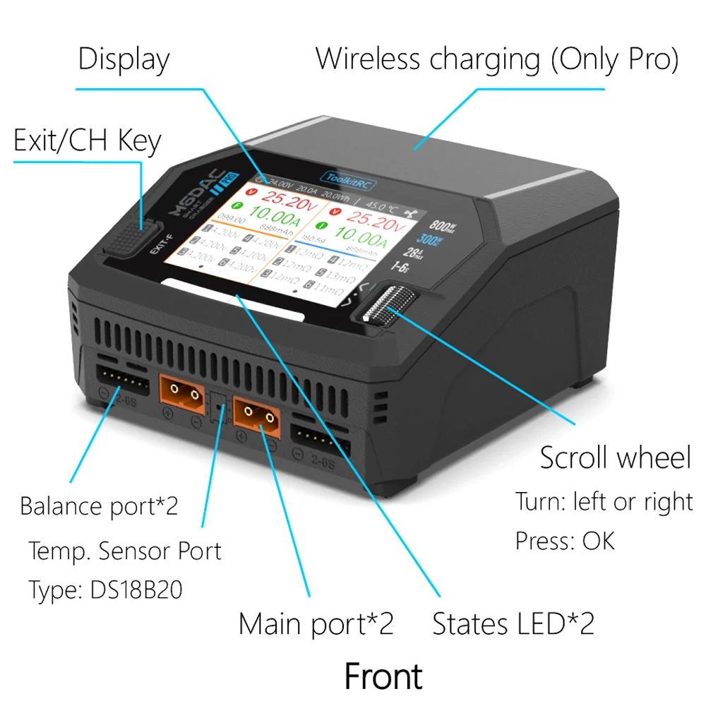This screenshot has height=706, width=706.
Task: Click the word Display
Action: tap(124, 59)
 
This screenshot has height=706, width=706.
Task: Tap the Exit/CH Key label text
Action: tap(87, 141)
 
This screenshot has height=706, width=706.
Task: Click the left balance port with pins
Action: tap(121, 382)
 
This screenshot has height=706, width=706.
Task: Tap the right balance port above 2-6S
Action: tap(320, 442)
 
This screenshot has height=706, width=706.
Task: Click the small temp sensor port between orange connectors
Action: tap(219, 408)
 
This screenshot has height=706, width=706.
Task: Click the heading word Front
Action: tap(383, 676)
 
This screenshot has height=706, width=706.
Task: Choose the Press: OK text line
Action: tap(565, 541)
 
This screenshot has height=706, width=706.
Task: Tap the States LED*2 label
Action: tap(513, 624)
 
